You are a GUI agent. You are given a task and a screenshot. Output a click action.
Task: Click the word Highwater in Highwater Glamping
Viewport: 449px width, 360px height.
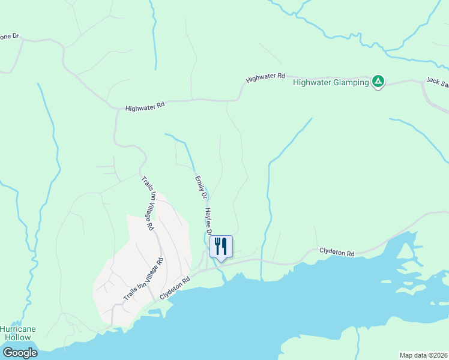(x=312, y=82)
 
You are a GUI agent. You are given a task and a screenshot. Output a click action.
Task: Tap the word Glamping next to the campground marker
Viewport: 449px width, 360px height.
(x=350, y=82)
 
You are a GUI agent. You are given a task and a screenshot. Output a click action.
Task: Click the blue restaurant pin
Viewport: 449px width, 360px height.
(x=221, y=247)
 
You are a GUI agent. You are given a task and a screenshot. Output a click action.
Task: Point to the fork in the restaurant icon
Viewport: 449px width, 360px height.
(x=217, y=245)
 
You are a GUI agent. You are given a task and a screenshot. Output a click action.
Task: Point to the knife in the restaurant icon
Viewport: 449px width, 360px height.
(x=224, y=245)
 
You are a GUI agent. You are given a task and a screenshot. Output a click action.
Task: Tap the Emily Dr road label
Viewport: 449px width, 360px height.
(x=200, y=187)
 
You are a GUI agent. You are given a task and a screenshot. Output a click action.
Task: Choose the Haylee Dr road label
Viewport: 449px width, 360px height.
(x=209, y=221)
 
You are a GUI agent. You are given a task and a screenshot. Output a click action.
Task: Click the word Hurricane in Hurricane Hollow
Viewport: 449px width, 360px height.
(x=17, y=329)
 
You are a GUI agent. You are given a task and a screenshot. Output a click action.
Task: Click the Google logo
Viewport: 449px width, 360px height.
(x=19, y=353)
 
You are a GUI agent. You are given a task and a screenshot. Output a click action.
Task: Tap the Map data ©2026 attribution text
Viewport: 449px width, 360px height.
(x=423, y=355)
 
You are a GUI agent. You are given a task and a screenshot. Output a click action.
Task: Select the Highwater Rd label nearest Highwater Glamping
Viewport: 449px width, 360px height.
(x=265, y=77)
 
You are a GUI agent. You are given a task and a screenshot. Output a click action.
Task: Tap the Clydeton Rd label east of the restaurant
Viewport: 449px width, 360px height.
(x=337, y=253)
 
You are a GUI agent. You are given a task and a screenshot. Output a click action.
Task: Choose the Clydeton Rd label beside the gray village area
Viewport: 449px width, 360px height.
(x=175, y=289)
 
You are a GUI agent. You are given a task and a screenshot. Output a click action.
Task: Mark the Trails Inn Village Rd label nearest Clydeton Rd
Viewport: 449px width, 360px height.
(x=143, y=280)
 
